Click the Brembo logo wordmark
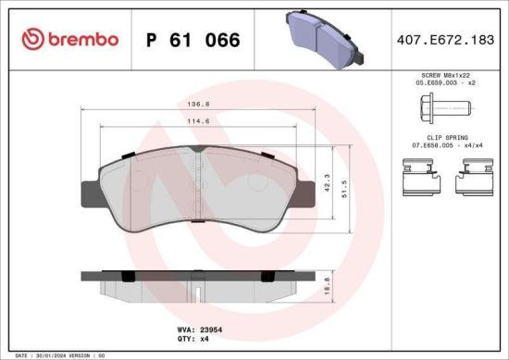[x=77, y=39]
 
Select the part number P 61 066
[x=193, y=40]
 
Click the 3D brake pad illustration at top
[x=319, y=39]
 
